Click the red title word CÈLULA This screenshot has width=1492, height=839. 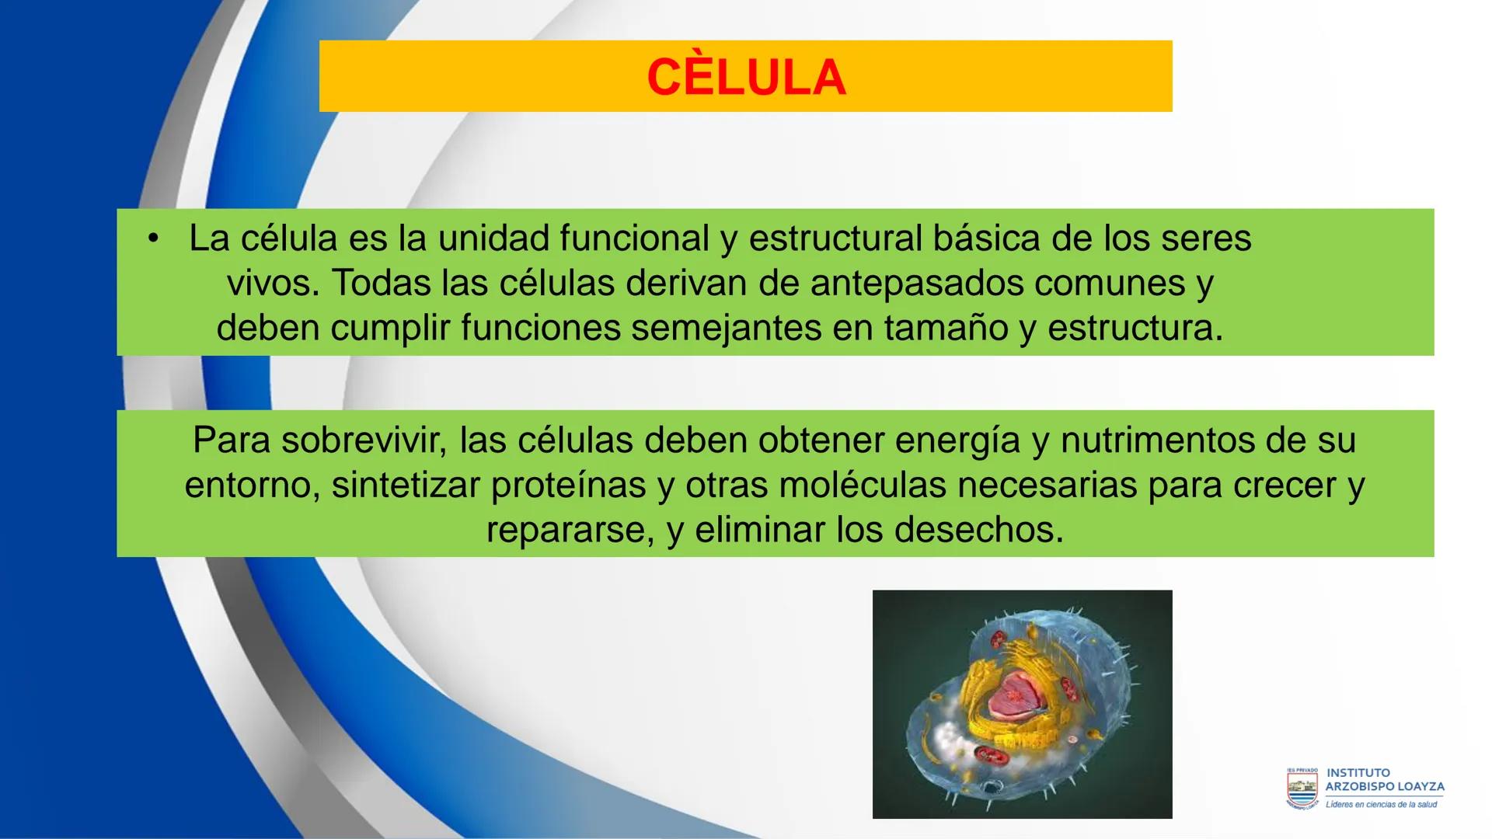(746, 78)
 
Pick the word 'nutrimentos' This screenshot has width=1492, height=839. (1158, 440)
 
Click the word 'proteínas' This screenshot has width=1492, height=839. (569, 485)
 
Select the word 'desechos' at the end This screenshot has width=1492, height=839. (978, 530)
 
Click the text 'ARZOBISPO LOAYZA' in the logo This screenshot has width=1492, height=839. (1384, 787)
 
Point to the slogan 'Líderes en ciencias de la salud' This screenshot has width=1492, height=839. (1381, 805)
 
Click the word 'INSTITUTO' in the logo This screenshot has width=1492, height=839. (1358, 773)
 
